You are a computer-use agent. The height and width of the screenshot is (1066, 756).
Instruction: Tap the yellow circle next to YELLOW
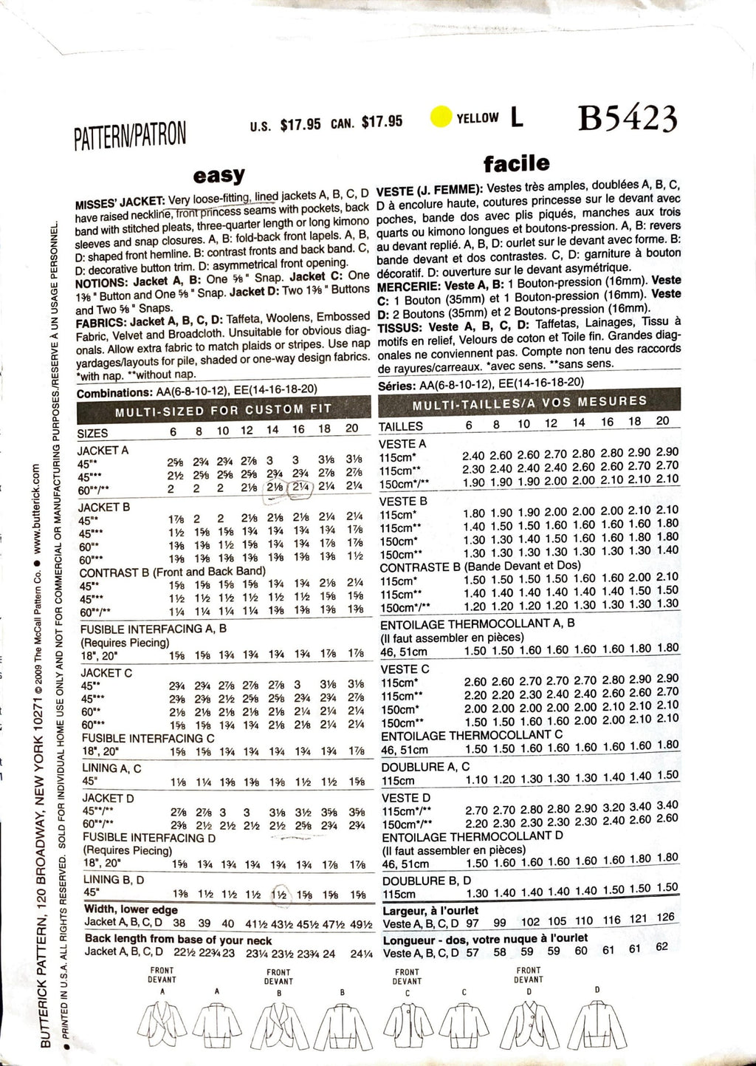click(441, 117)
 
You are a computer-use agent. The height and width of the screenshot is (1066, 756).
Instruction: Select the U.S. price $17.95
click(300, 124)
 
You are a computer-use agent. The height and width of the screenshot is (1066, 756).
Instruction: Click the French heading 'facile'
click(516, 163)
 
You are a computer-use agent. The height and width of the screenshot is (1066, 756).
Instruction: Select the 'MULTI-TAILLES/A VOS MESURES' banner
click(529, 403)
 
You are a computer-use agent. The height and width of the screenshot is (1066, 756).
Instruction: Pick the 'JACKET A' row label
click(103, 450)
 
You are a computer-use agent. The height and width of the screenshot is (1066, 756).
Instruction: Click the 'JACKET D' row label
click(108, 799)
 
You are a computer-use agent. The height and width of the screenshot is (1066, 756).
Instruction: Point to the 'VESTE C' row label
click(404, 669)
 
